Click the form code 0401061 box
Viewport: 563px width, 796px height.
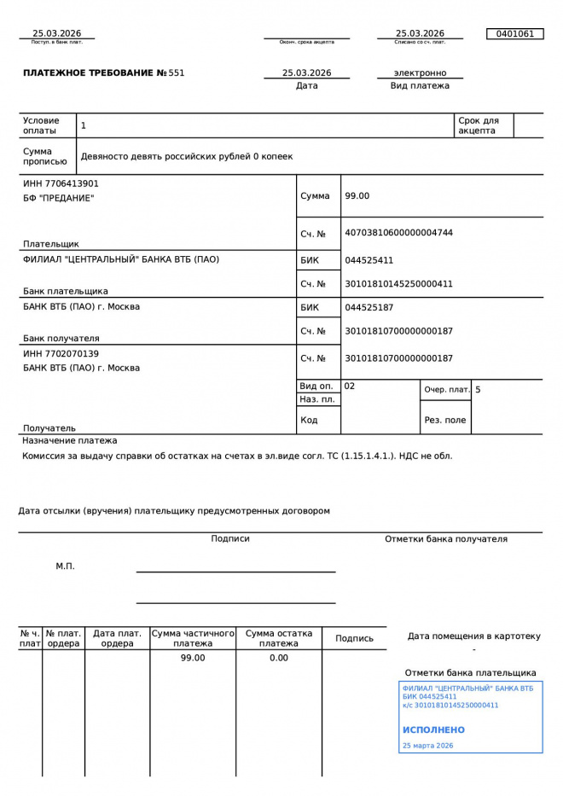tap(514, 34)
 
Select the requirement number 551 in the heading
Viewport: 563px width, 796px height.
tap(177, 73)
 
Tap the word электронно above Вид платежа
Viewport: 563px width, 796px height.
tap(420, 73)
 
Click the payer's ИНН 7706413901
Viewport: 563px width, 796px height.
tap(61, 183)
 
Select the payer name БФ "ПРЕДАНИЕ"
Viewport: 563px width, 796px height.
tap(59, 198)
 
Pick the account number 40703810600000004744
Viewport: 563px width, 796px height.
tap(398, 233)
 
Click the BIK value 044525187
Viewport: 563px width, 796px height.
tap(369, 307)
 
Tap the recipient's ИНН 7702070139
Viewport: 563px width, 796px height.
tap(61, 353)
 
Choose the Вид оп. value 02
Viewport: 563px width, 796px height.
tap(350, 386)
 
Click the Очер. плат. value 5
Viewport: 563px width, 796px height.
tap(478, 390)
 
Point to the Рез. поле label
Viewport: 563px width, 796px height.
tap(445, 420)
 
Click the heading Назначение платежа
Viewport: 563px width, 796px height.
tap(69, 440)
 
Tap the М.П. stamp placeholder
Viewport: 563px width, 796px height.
tap(65, 566)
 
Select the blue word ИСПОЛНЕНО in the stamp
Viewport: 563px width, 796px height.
tap(433, 730)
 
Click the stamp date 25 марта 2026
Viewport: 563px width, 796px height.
tap(427, 746)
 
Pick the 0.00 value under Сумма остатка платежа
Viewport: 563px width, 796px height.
tap(279, 658)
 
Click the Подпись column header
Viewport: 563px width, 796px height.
tap(354, 638)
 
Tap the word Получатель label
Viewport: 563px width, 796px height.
tap(49, 428)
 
